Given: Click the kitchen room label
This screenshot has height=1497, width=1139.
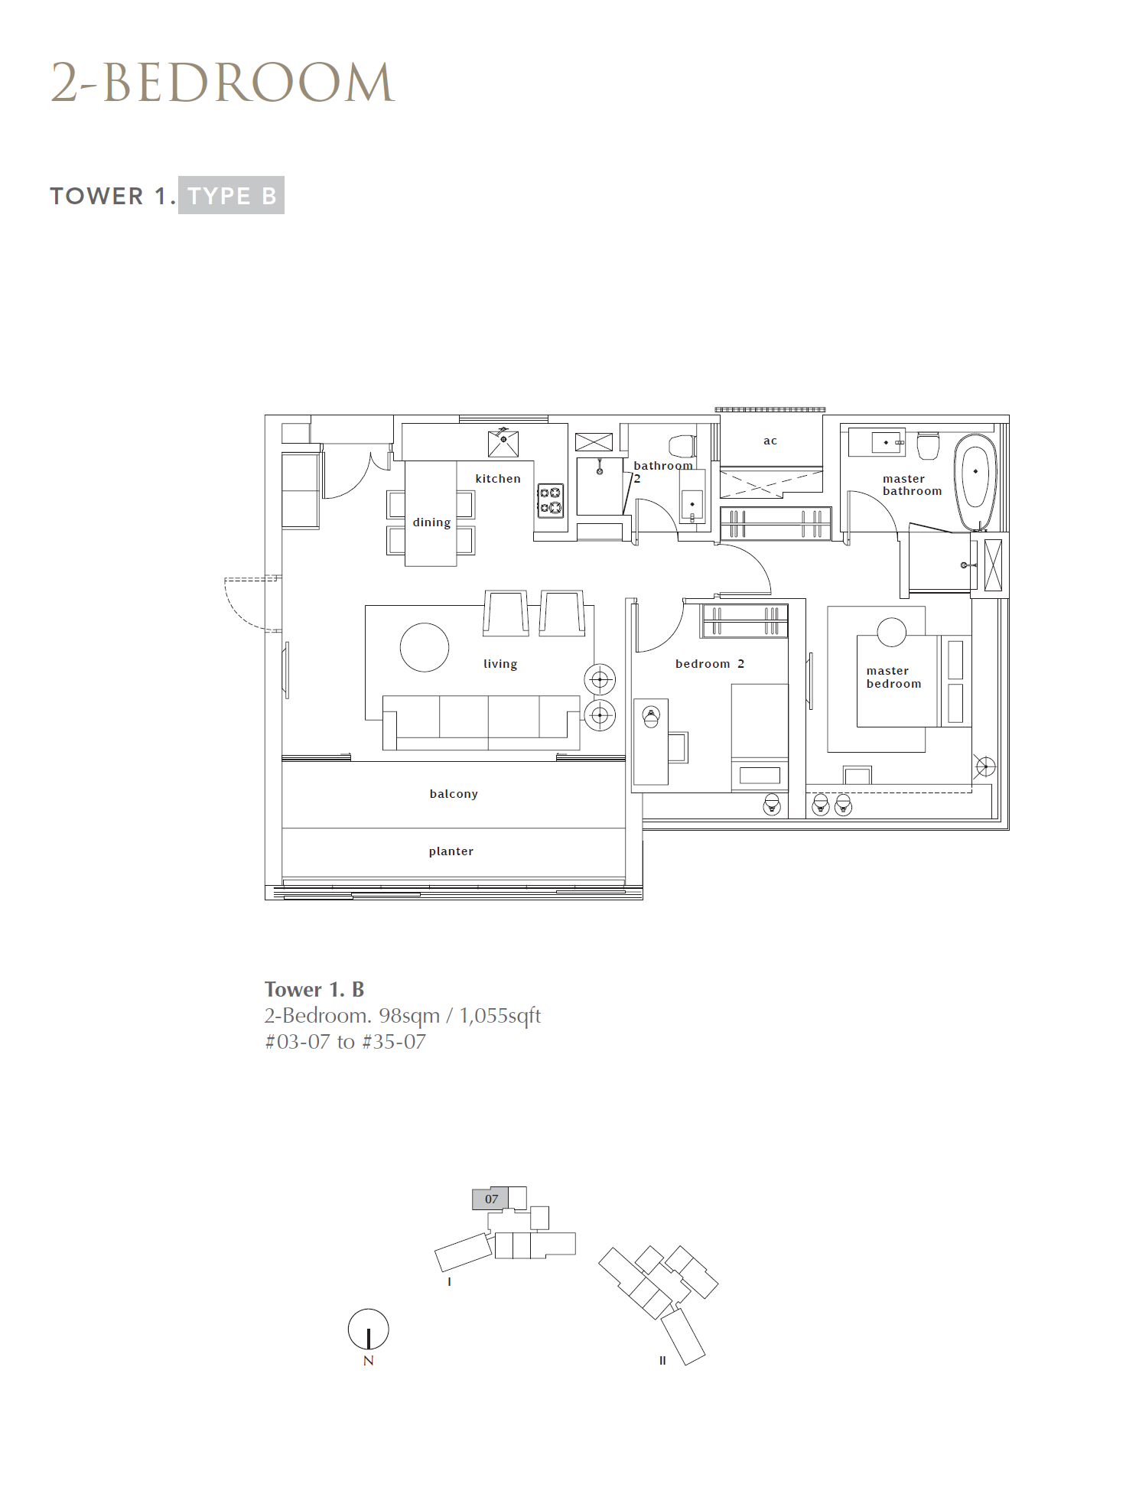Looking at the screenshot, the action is [x=498, y=479].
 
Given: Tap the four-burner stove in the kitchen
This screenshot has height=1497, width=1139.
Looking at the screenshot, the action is [x=551, y=500].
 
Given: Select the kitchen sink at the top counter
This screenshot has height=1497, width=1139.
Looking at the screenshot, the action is [x=503, y=444].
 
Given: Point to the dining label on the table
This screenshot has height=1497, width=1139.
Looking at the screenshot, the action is [x=431, y=522].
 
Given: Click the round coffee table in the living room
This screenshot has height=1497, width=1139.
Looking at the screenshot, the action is [x=425, y=647].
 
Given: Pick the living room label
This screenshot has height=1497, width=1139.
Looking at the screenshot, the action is [x=500, y=664].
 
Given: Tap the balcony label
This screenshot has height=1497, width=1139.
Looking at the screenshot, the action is [x=454, y=794].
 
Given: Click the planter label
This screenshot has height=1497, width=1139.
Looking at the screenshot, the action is [x=451, y=851].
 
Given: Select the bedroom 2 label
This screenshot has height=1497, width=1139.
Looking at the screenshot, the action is [x=710, y=664].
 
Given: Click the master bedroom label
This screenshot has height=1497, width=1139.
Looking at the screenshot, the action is [x=893, y=678].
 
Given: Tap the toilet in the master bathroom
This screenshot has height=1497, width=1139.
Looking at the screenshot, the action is [x=928, y=445].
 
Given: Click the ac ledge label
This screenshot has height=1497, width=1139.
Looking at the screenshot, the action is [x=770, y=441].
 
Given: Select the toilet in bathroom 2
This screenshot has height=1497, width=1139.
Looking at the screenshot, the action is [x=682, y=445].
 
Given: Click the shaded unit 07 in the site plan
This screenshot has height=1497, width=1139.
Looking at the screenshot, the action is [x=490, y=1199].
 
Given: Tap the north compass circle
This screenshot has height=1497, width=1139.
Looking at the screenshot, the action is [x=368, y=1329].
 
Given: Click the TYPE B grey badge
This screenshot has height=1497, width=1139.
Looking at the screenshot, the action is [x=231, y=196].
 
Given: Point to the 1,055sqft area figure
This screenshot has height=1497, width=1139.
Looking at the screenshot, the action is [x=500, y=1016].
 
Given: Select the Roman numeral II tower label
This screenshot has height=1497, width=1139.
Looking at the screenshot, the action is [x=662, y=1361].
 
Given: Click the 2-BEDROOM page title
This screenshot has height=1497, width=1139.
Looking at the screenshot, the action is [x=223, y=83].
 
